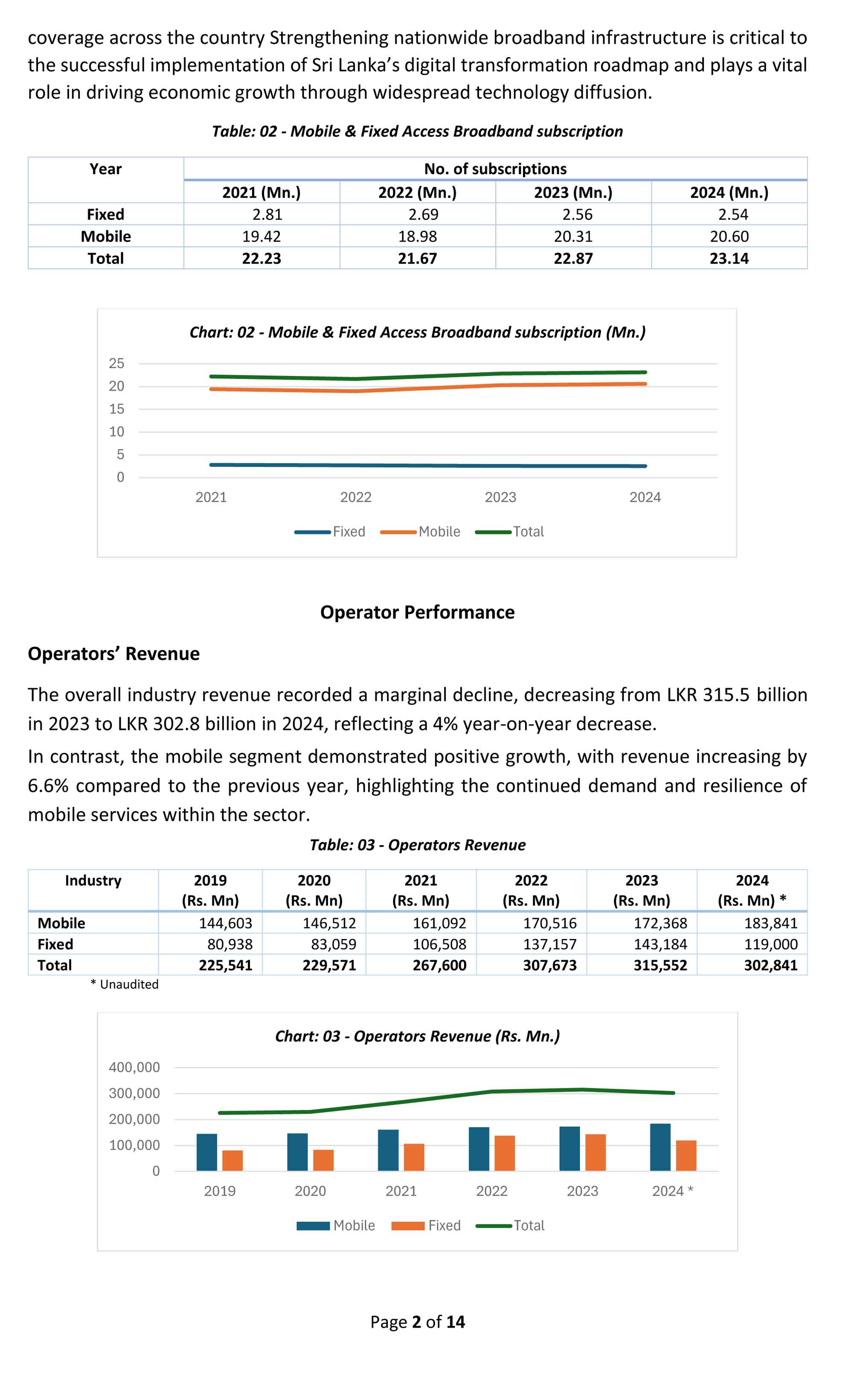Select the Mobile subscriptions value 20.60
pyautogui.click(x=729, y=236)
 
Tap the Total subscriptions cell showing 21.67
pyautogui.click(x=417, y=258)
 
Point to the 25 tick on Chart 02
pyautogui.click(x=116, y=364)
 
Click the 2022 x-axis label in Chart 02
pyautogui.click(x=356, y=497)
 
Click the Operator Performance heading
pyautogui.click(x=417, y=612)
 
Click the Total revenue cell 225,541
pyautogui.click(x=225, y=965)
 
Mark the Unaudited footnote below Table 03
pyautogui.click(x=125, y=984)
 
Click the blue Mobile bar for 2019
pyautogui.click(x=206, y=1152)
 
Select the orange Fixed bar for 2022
pyautogui.click(x=505, y=1154)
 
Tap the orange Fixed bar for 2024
pyautogui.click(x=686, y=1156)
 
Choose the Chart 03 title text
pyautogui.click(x=417, y=1036)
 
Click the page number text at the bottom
pyautogui.click(x=417, y=1322)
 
